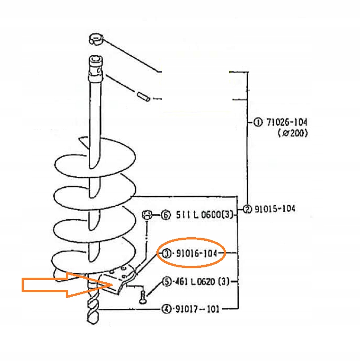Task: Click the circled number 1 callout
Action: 258,122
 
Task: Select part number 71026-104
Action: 287,122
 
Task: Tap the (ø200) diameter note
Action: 293,133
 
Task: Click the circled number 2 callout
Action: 247,209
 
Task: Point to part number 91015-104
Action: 275,209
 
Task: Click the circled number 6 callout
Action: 166,215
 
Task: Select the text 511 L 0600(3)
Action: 205,215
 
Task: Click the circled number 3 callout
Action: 167,253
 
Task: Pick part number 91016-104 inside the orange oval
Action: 196,253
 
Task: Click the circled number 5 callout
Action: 167,282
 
